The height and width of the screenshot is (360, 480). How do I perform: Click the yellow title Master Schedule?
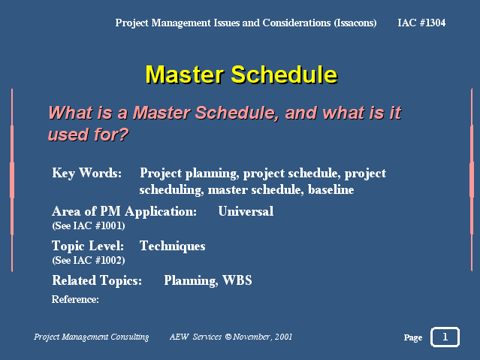(241, 74)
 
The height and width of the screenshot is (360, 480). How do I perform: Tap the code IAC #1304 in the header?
(421, 23)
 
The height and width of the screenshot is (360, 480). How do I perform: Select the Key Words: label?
(86, 173)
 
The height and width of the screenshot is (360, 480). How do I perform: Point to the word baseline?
(331, 189)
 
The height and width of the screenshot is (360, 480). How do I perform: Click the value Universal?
(246, 211)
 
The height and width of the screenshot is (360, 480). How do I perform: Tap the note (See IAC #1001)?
(89, 225)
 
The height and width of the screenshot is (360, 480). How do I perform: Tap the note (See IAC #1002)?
(89, 261)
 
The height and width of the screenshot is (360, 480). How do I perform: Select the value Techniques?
(172, 246)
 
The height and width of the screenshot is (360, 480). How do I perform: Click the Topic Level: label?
(88, 246)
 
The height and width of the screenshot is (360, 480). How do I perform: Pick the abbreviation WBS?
(237, 280)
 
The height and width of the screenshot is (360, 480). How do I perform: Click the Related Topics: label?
(97, 280)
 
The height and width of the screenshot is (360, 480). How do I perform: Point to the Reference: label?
(75, 299)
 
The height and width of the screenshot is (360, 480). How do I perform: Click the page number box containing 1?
(445, 337)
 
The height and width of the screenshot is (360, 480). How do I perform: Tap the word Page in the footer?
(413, 337)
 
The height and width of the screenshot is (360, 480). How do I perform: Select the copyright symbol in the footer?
(228, 337)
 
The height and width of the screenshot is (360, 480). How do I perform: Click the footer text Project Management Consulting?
(91, 337)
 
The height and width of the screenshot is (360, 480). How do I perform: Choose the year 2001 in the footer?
(283, 337)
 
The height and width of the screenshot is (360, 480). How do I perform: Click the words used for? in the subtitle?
(88, 135)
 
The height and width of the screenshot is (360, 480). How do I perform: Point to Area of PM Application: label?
(124, 211)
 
